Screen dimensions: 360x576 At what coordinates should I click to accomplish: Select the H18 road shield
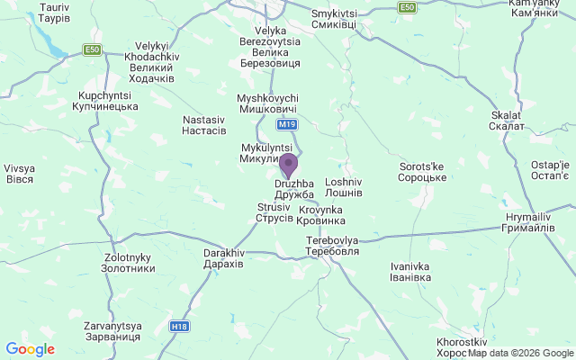tap(180, 326)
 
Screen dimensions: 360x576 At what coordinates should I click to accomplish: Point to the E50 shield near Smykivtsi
tap(408, 7)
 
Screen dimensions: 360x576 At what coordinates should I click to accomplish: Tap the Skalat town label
tap(508, 121)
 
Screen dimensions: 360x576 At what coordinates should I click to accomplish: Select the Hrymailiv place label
tap(527, 223)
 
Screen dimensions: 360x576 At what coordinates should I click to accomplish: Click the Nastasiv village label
tap(204, 125)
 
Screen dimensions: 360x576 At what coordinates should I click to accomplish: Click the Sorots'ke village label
tap(422, 172)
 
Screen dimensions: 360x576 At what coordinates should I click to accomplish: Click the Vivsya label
tap(19, 174)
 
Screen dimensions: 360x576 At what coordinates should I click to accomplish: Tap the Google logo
tap(30, 349)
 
